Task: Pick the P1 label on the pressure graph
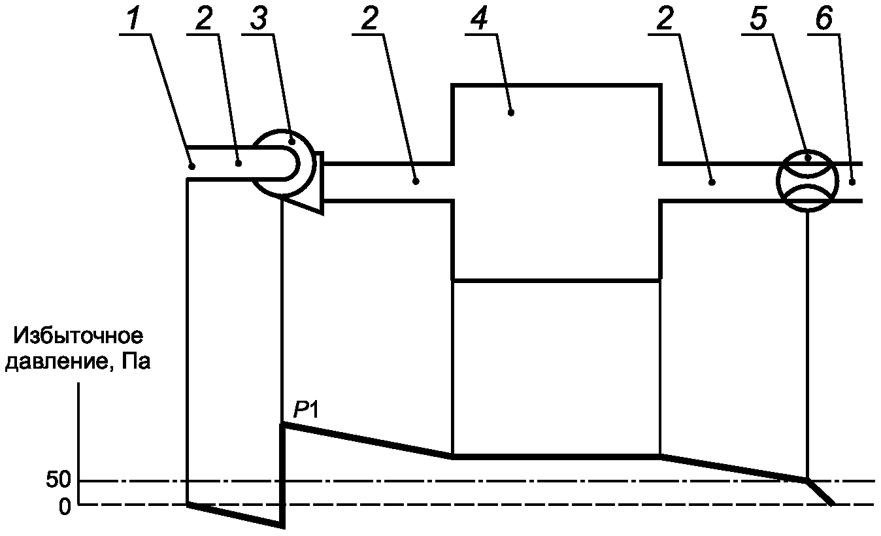(x=304, y=411)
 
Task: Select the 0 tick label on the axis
(x=64, y=506)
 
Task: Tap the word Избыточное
(x=78, y=338)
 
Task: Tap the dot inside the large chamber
(x=511, y=112)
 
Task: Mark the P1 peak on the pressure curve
(x=284, y=425)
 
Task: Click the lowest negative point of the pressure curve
(x=282, y=526)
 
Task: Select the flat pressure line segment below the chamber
(x=556, y=456)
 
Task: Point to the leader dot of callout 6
(x=852, y=182)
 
